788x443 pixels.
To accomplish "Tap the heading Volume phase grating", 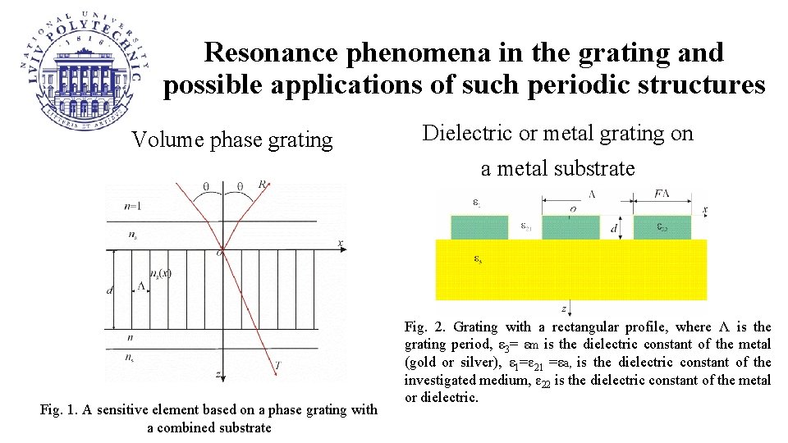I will [232, 140].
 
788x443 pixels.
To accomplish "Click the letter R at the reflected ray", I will [263, 185].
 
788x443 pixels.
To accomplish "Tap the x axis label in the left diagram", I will [340, 244].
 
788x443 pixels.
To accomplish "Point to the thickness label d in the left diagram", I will [110, 290].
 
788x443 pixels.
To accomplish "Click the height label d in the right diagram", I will [614, 229].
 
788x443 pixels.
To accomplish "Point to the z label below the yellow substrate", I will [564, 308].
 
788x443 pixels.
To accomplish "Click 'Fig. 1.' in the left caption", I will [56, 409].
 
